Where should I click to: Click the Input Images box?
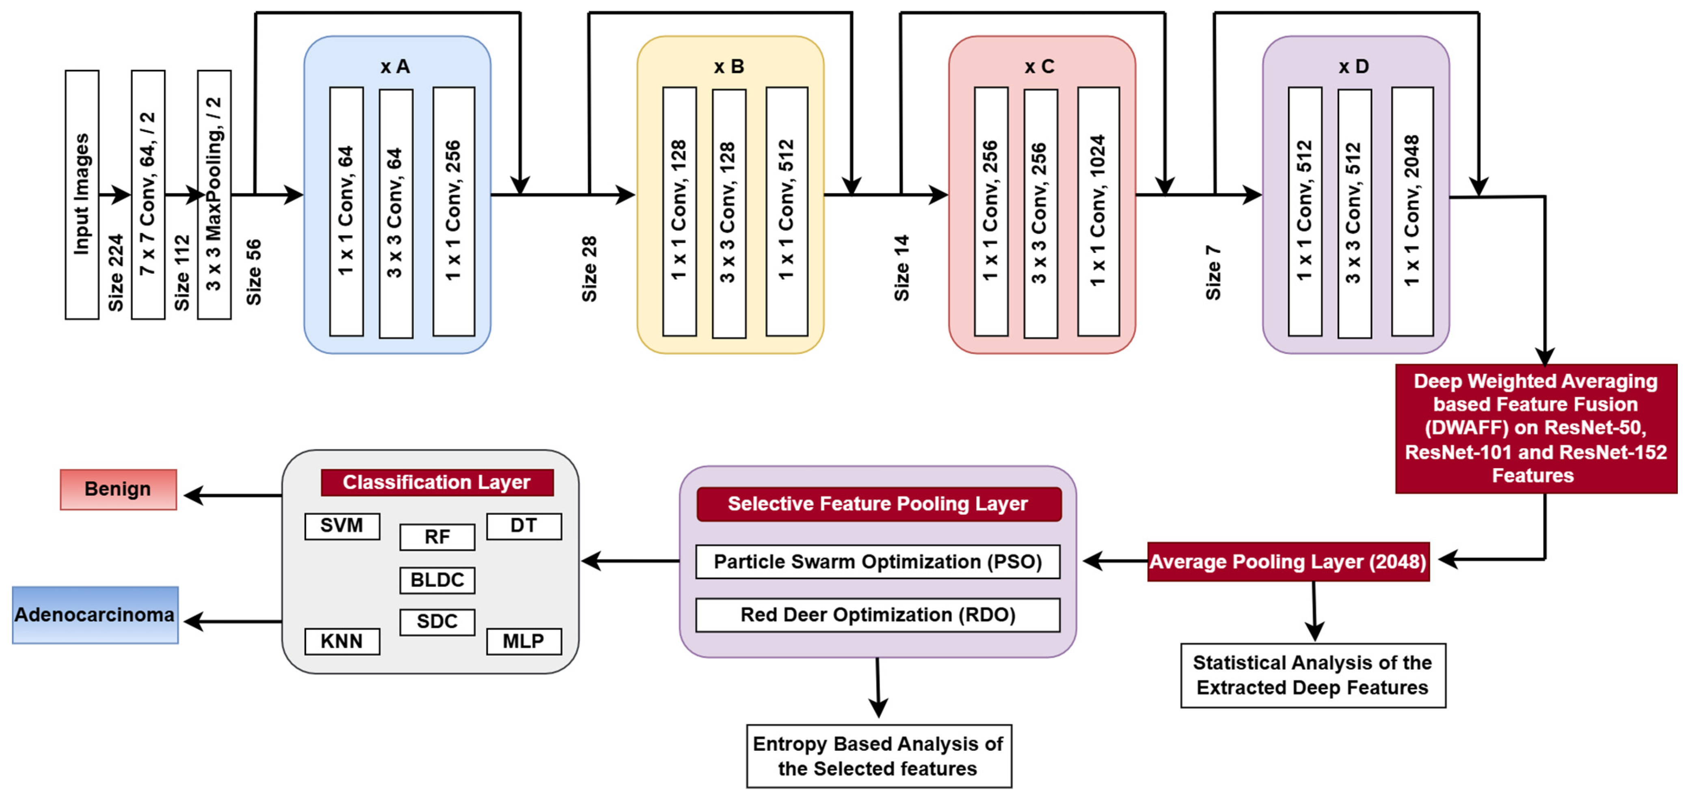pyautogui.click(x=82, y=195)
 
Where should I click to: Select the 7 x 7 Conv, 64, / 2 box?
pyautogui.click(x=148, y=195)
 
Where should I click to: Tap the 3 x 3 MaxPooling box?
pyautogui.click(x=214, y=195)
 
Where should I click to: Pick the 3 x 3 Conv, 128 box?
pyautogui.click(x=728, y=213)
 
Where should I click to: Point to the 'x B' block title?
pyautogui.click(x=728, y=67)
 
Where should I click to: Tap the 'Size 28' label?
pyautogui.click(x=589, y=269)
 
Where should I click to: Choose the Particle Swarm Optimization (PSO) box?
pyautogui.click(x=877, y=562)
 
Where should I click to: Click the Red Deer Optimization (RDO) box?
pyautogui.click(x=877, y=614)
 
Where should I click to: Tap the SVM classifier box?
pyautogui.click(x=342, y=525)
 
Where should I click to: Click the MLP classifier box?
pyautogui.click(x=523, y=641)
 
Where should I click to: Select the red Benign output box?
pyautogui.click(x=118, y=489)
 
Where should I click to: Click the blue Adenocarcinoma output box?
pyautogui.click(x=95, y=614)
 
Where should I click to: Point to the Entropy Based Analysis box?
pyautogui.click(x=878, y=756)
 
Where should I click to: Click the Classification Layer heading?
pyautogui.click(x=437, y=482)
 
